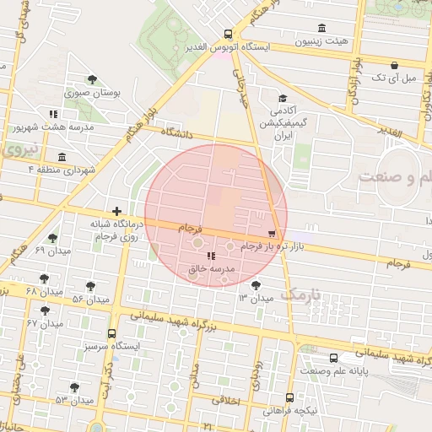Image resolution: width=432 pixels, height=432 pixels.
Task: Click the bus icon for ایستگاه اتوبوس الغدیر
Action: tap(228, 35)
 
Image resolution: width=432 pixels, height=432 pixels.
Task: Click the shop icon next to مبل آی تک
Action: tap(394, 65)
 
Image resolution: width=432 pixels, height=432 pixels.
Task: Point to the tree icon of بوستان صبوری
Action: tap(92, 79)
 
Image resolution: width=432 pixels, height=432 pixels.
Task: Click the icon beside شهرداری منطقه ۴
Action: tap(62, 157)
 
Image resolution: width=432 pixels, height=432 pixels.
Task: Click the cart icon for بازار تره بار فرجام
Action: tap(271, 233)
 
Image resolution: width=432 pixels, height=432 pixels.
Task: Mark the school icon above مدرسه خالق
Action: tap(210, 256)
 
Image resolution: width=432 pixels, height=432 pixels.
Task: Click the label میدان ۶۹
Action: tap(51, 251)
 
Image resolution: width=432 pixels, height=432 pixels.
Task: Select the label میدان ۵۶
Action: tap(91, 300)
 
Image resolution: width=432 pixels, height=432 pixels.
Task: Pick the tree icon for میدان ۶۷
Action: tap(45, 310)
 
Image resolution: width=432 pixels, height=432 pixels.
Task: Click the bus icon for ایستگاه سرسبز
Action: tap(112, 332)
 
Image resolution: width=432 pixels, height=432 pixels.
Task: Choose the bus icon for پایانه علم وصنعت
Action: tap(334, 358)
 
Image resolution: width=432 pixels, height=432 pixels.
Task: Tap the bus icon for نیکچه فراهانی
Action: tap(290, 397)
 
